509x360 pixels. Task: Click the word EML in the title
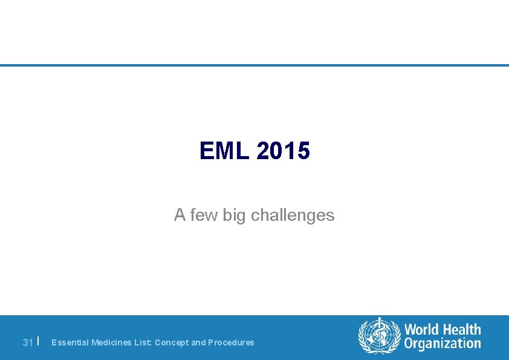point(224,151)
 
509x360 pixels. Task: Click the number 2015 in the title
point(283,151)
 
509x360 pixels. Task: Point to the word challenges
point(293,215)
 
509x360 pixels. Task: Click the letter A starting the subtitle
point(180,215)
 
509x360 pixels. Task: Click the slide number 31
point(27,342)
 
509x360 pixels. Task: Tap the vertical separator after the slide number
point(38,341)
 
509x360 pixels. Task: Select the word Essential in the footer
point(70,342)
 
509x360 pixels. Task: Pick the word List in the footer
point(143,342)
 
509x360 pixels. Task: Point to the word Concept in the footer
point(172,342)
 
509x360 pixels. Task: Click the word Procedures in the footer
point(231,342)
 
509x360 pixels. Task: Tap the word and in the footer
point(198,342)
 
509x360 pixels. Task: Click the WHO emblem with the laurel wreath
point(380,336)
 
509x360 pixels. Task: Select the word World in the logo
point(422,330)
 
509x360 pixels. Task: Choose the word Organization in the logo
point(443,344)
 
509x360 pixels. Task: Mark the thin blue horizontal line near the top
point(254,65)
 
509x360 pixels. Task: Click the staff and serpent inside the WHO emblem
point(380,335)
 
